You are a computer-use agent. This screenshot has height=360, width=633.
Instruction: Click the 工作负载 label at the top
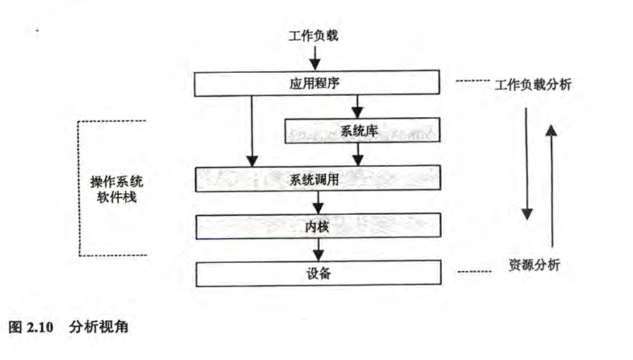(x=313, y=35)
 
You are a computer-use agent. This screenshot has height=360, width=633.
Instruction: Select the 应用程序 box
(x=316, y=82)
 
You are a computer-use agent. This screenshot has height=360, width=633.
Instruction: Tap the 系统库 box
(x=361, y=131)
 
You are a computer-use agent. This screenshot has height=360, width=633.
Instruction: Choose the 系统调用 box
(x=316, y=179)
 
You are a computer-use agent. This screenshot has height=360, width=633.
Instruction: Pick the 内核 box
(x=316, y=227)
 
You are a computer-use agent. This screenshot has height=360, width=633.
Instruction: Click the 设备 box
(x=316, y=273)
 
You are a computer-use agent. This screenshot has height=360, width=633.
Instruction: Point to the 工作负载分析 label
(x=533, y=84)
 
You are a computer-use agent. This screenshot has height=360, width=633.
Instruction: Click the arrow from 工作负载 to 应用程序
(x=314, y=57)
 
